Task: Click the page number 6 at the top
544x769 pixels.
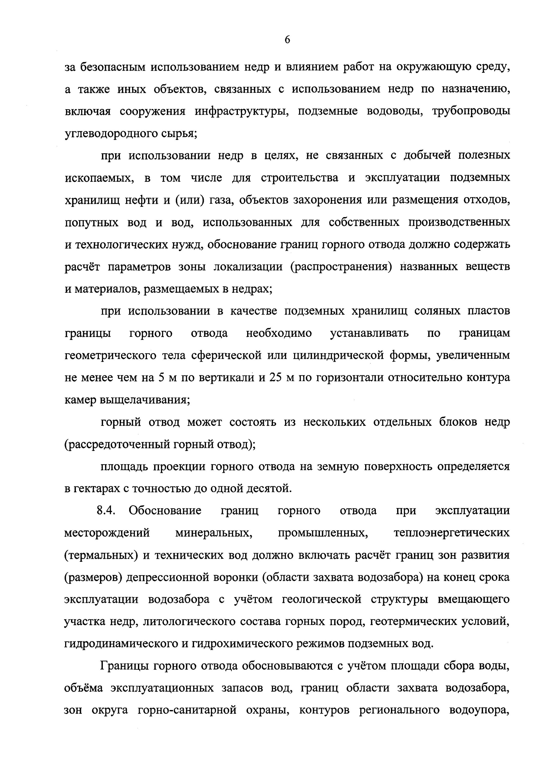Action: [x=287, y=40]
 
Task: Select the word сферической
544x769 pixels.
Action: [x=226, y=355]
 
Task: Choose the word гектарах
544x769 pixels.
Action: [x=95, y=489]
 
